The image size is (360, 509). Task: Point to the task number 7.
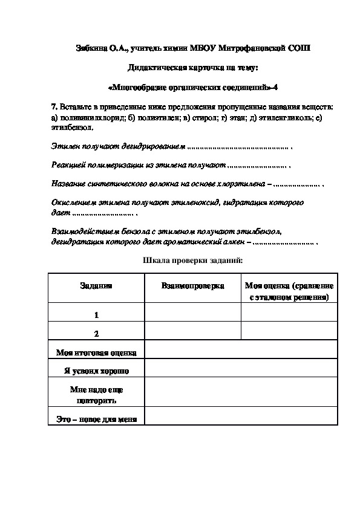pos(54,106)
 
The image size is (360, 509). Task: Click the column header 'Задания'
pos(96,286)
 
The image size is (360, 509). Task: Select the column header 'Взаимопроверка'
pos(192,286)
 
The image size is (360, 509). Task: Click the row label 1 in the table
pos(96,315)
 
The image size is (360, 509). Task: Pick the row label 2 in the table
pos(96,334)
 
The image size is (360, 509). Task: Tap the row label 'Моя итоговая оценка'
pos(96,352)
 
